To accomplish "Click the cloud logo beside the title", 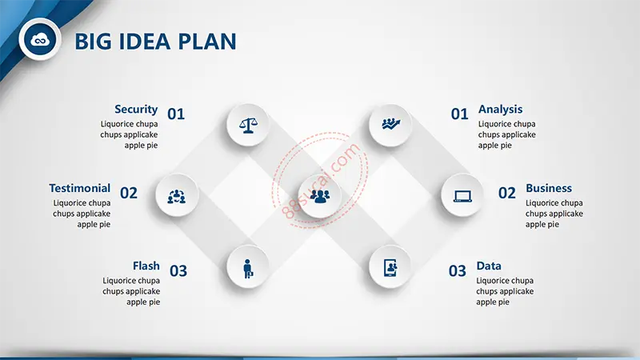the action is click(x=39, y=39).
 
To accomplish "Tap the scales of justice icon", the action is click(x=248, y=126).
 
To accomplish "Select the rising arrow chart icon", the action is click(x=390, y=124).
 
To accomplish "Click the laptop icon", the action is click(x=462, y=196).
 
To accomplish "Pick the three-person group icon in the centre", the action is click(x=319, y=196).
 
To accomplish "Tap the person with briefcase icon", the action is click(x=248, y=269).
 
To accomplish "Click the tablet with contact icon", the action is click(x=390, y=268).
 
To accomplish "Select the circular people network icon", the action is click(x=176, y=196).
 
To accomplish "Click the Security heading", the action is click(x=136, y=110).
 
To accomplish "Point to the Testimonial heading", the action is click(x=79, y=188).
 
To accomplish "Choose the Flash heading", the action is click(x=146, y=266).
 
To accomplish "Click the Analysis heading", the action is click(x=501, y=110).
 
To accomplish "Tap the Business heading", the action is click(x=549, y=188).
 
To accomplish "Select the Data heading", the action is click(x=489, y=266).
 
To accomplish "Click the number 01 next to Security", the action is click(x=176, y=114).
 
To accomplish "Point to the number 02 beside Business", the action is click(x=507, y=193).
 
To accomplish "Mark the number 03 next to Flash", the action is click(x=178, y=271).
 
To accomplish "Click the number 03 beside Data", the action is click(x=457, y=271).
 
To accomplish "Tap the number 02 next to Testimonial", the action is click(x=129, y=193).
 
